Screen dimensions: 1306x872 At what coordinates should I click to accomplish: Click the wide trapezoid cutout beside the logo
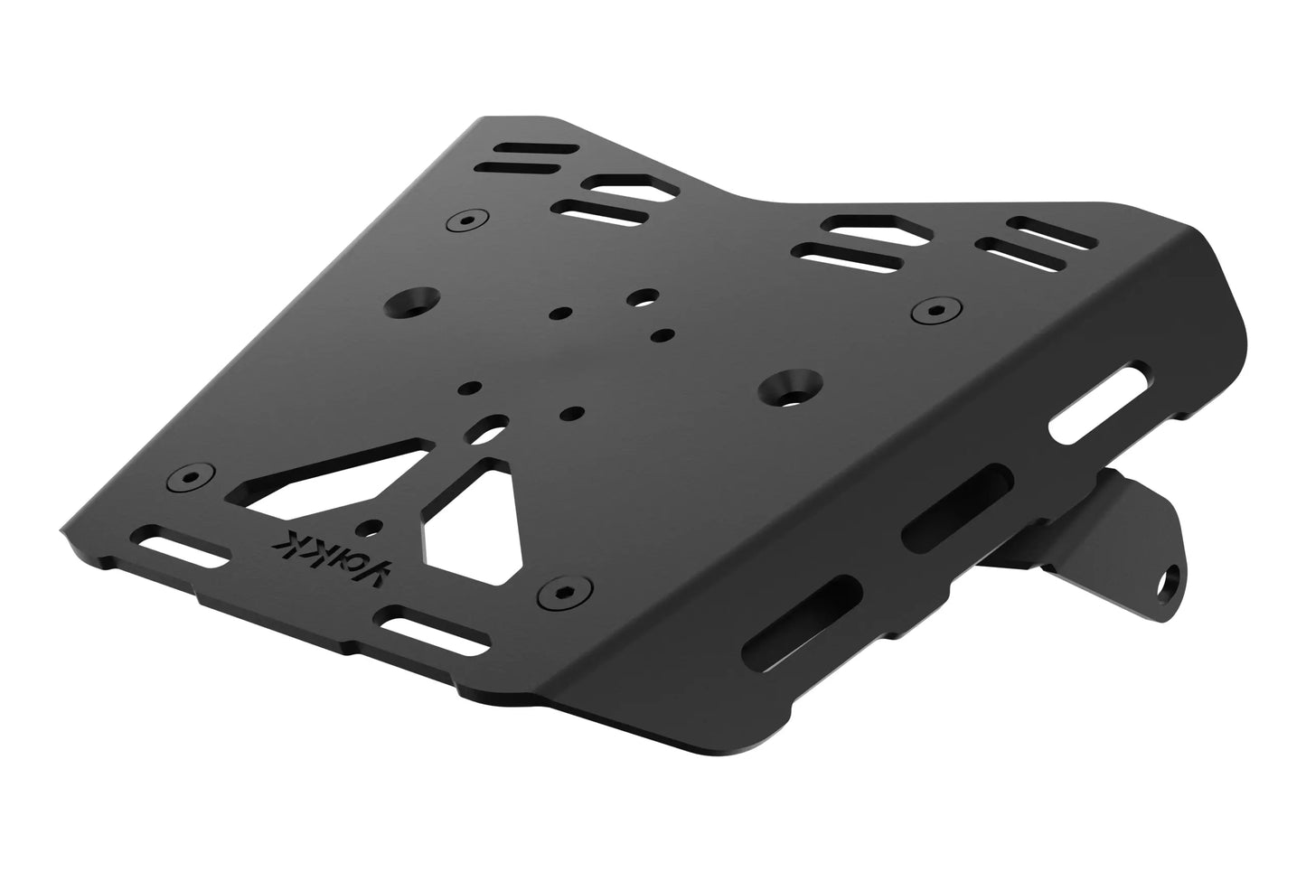pyautogui.click(x=472, y=523)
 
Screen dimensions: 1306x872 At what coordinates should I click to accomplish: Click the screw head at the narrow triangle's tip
pyautogui.click(x=191, y=476)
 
